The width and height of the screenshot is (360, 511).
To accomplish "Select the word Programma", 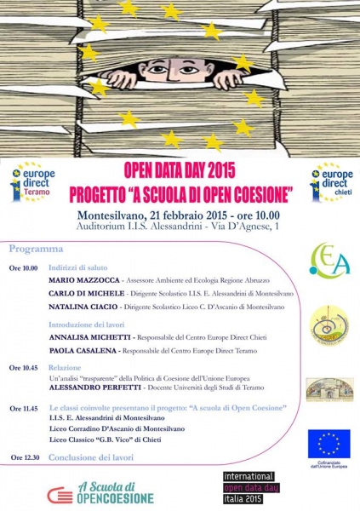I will [x=36, y=250].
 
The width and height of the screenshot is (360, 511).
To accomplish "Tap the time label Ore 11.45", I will [x=24, y=409].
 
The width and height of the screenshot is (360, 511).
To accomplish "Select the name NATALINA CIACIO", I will [x=88, y=306].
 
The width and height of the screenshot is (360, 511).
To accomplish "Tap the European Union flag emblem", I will [x=329, y=443].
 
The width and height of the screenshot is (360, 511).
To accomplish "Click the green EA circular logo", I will [x=329, y=260].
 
